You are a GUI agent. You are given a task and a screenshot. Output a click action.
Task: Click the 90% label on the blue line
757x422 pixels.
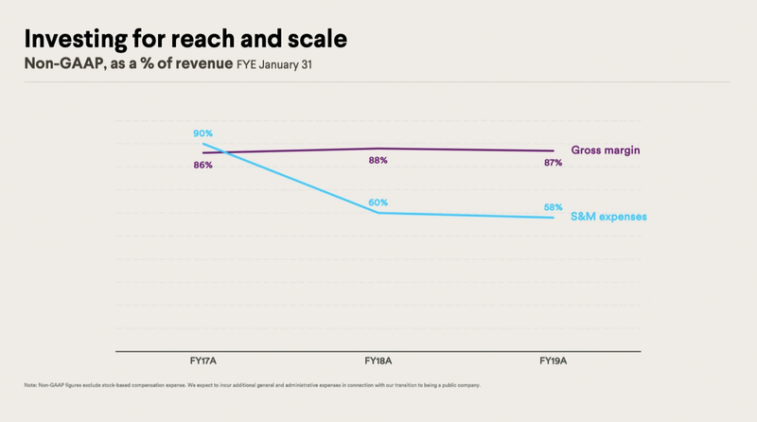[203, 133]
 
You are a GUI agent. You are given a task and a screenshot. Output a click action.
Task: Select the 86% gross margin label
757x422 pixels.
[203, 166]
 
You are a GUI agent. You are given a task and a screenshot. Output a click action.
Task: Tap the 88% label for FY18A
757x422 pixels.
[378, 161]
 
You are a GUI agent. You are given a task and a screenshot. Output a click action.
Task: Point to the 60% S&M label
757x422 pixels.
[378, 202]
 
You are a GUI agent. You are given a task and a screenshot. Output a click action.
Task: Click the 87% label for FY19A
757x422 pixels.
[553, 163]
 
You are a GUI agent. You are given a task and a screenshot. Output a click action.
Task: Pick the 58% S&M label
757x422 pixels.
[553, 207]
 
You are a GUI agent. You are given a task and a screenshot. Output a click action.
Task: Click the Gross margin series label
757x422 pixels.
[606, 150]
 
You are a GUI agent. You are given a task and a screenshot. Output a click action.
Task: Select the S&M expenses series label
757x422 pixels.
[608, 217]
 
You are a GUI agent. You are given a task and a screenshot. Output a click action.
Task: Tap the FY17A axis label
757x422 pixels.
[203, 361]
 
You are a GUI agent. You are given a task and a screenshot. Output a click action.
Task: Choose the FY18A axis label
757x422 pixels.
[378, 361]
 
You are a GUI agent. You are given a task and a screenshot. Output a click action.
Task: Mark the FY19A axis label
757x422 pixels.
[553, 361]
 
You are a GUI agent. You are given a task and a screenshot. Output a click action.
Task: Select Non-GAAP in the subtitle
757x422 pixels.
[59, 64]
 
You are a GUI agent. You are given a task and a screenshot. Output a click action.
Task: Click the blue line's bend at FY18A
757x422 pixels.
[378, 213]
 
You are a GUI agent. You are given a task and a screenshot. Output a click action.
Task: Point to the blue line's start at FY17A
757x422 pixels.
[203, 144]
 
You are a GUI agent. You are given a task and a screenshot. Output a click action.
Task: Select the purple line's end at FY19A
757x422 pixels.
[553, 150]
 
